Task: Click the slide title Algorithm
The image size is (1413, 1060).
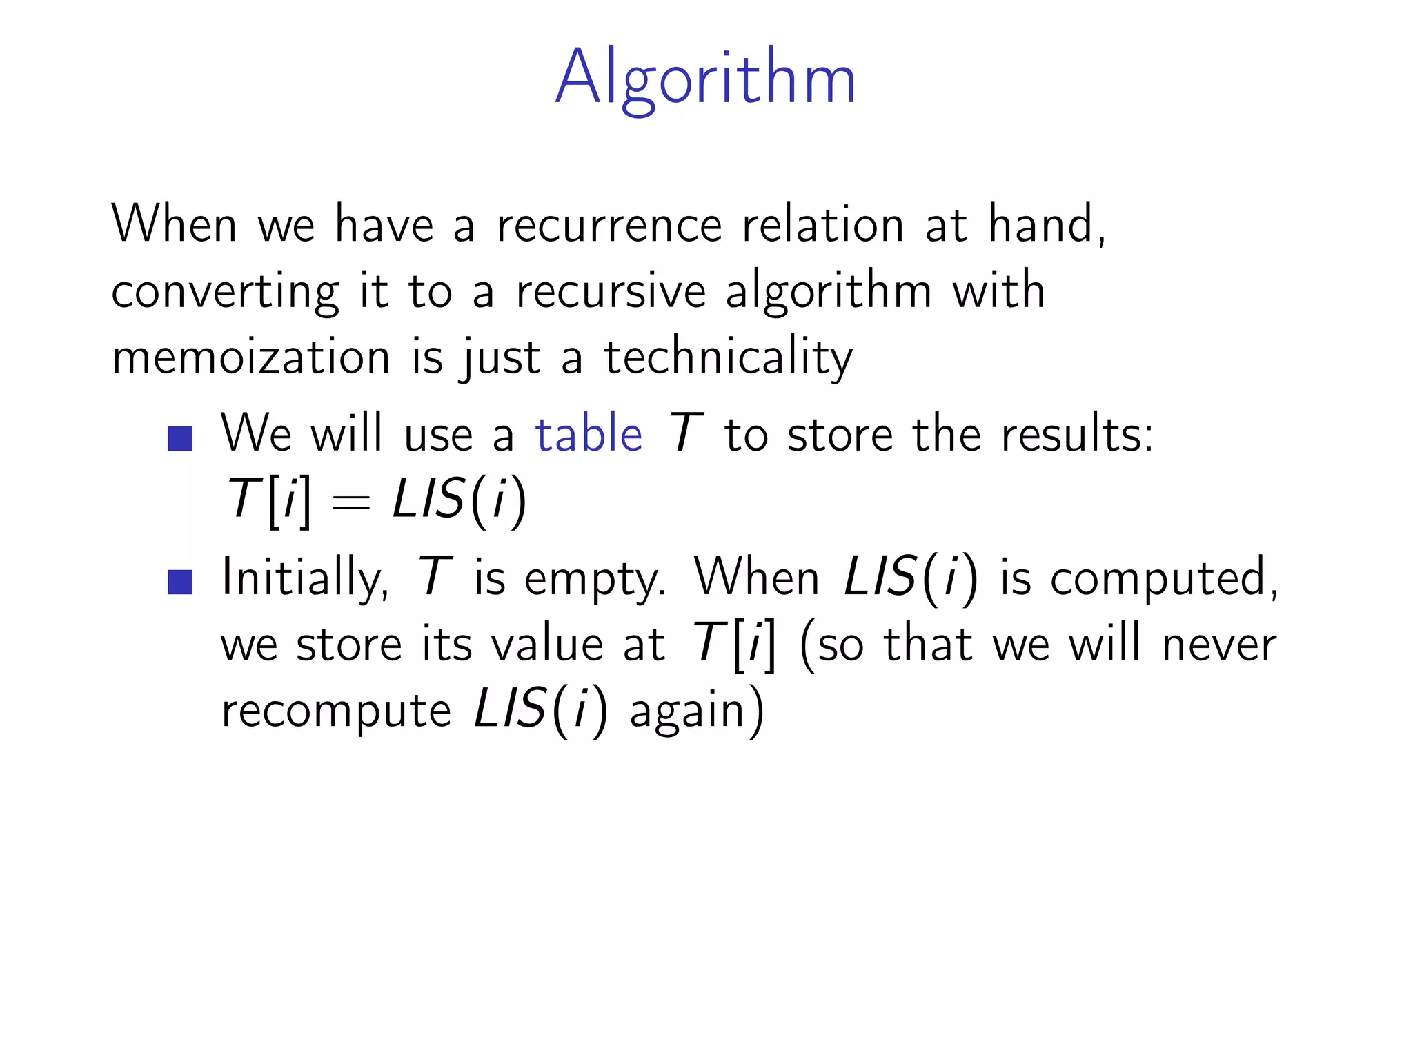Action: point(705,77)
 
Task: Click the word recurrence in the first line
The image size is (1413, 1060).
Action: point(609,225)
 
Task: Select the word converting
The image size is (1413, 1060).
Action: point(225,292)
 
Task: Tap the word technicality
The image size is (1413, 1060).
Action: point(728,358)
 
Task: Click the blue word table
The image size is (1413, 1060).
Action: point(589,435)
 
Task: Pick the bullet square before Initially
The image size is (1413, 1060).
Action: point(180,582)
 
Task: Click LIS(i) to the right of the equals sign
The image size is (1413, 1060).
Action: point(460,500)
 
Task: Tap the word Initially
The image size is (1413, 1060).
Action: point(304,578)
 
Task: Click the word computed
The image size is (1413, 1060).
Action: point(1163,578)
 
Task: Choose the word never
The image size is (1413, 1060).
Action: point(1218,645)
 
